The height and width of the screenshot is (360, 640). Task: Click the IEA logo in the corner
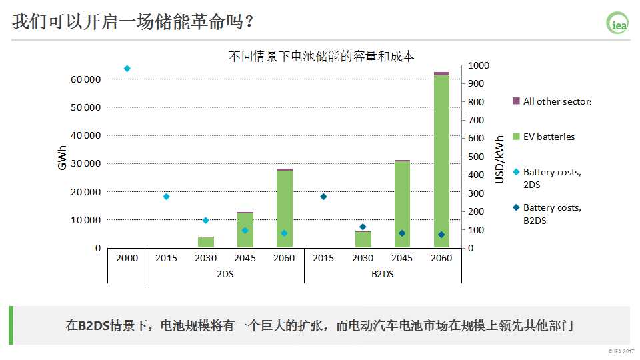click(617, 22)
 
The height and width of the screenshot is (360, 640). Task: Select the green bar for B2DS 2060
click(441, 160)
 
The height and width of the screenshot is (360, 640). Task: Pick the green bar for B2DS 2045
click(402, 204)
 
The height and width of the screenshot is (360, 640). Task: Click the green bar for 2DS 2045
click(245, 230)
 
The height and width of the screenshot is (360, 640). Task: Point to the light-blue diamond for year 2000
click(127, 69)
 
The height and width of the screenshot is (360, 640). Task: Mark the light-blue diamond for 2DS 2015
click(166, 197)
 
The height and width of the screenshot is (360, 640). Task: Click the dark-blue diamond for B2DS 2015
click(323, 197)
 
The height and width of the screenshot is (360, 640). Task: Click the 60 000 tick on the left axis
click(85, 79)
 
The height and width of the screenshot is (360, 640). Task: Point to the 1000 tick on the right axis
click(478, 65)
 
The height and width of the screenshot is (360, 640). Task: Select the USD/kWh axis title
click(499, 159)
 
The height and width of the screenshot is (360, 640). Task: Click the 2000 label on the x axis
click(127, 258)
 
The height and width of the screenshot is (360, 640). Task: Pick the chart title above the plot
click(321, 56)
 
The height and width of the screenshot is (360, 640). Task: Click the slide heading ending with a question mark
click(133, 21)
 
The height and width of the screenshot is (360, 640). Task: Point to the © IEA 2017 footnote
click(619, 351)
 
